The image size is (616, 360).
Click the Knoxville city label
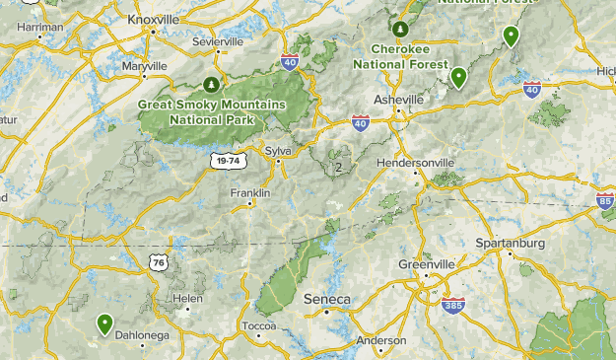point(153,18)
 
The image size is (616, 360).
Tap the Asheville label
point(398,100)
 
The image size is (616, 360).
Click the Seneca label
point(326,299)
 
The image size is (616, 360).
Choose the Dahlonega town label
point(143,335)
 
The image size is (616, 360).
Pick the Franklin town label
point(250,193)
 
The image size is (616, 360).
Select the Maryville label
point(145,65)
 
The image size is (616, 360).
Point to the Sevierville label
point(218,42)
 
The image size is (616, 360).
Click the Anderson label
point(380,340)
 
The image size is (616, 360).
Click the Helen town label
point(187,298)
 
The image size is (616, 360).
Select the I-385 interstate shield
point(454,306)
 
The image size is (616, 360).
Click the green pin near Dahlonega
point(104,323)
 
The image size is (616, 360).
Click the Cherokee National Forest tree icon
point(400,29)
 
